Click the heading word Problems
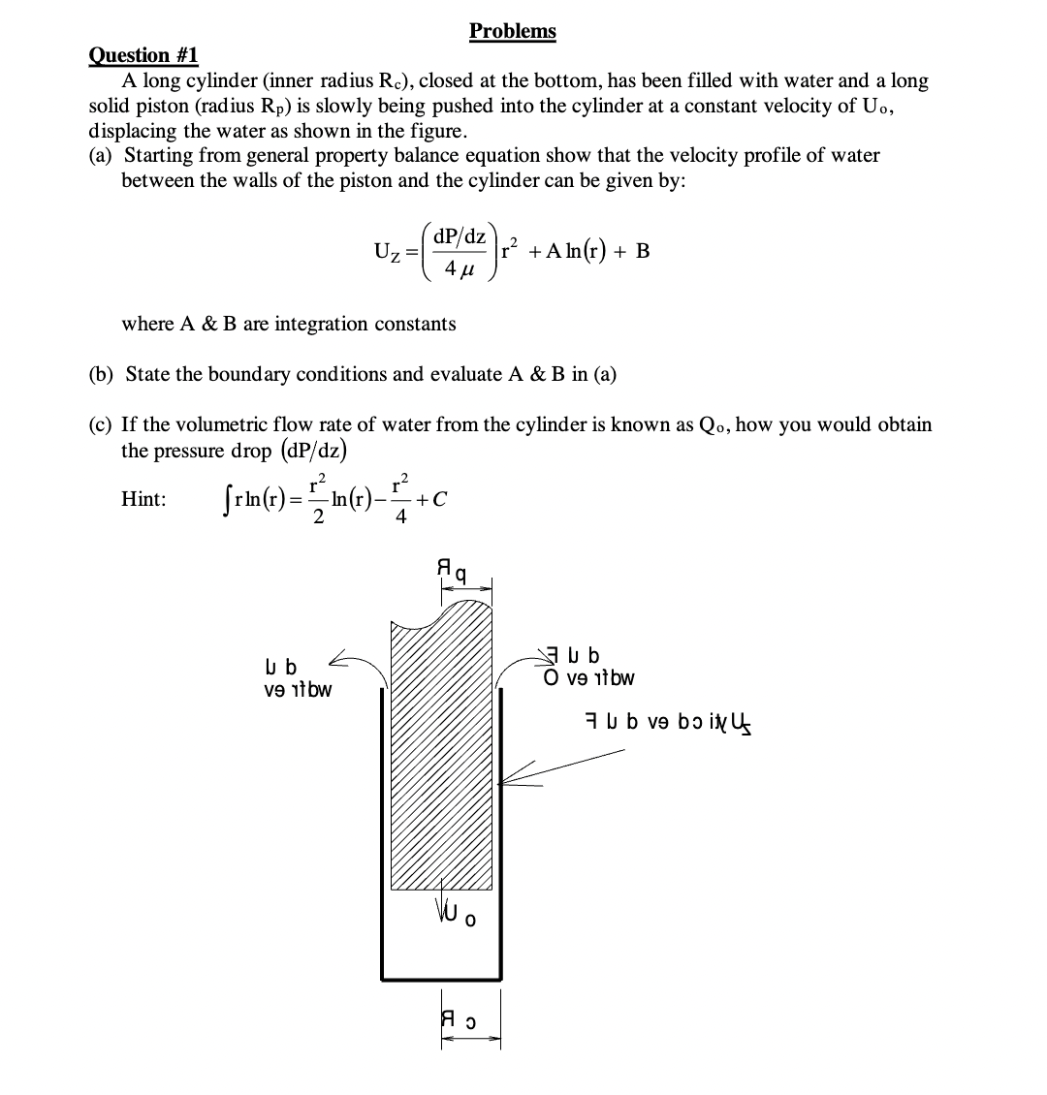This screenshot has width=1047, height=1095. pyautogui.click(x=512, y=31)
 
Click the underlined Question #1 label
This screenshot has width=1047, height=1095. pyautogui.click(x=143, y=56)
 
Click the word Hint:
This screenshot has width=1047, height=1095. pyautogui.click(x=143, y=499)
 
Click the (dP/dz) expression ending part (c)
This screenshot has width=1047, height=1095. pyautogui.click(x=314, y=451)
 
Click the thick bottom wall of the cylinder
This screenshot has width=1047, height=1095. pyautogui.click(x=441, y=977)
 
